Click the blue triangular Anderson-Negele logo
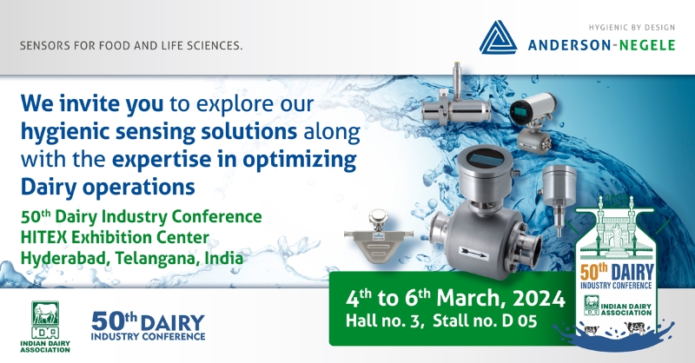pos(498,37)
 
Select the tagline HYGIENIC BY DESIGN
pos(632,28)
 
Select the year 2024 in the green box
pos(539,299)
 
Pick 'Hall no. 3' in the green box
pos(383,321)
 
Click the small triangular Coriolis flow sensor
pos(378,237)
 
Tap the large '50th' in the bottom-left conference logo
pos(114,321)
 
